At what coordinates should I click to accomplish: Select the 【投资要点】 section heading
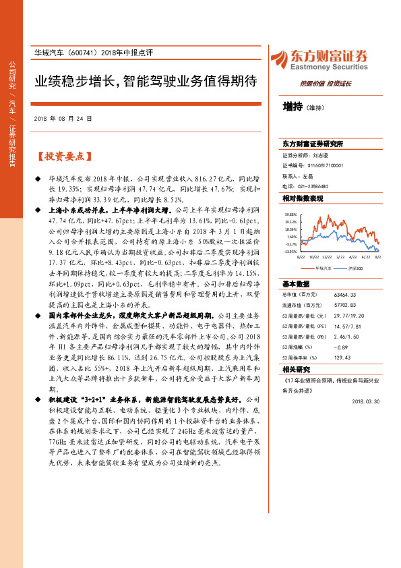tap(63, 156)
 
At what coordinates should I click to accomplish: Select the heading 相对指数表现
tap(303, 198)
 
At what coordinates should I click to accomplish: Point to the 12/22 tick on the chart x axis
tap(326, 257)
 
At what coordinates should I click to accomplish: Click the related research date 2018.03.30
tap(367, 401)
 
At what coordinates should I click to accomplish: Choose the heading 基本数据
tap(296, 284)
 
